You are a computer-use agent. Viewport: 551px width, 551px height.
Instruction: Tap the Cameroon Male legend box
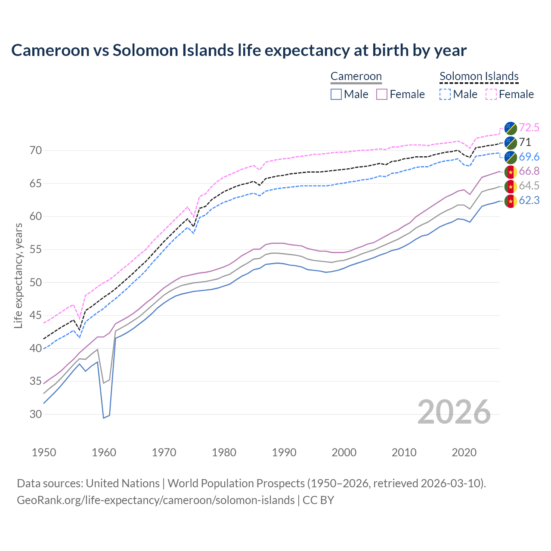336,94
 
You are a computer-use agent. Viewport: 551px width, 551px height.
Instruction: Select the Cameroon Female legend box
382,94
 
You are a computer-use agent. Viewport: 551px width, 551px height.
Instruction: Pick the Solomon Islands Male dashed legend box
445,94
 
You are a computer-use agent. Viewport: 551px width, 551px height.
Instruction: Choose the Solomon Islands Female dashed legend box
491,94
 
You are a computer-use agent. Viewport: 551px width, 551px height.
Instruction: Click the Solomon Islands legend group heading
479,76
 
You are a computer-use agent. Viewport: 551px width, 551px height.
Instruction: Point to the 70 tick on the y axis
36,151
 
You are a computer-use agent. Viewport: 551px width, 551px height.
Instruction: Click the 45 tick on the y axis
36,316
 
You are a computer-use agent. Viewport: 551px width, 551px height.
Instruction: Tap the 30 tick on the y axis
36,415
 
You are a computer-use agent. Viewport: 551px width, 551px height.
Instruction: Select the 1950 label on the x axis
44,452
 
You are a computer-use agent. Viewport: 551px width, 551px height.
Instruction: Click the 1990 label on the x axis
284,452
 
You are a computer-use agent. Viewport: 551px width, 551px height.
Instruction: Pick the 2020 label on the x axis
464,452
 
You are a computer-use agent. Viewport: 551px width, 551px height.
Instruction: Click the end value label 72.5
529,128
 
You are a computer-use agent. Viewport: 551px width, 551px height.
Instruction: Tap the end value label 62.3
529,200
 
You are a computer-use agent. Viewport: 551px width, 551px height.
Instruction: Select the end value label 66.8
529,171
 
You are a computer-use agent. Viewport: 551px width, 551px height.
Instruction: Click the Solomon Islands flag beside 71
511,142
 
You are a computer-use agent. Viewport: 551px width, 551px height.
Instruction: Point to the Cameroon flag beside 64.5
511,186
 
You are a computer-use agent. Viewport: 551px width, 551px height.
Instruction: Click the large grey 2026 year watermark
454,412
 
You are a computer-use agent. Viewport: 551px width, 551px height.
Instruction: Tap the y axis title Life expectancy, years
19,275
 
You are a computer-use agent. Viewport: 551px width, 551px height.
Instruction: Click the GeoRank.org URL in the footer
155,500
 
